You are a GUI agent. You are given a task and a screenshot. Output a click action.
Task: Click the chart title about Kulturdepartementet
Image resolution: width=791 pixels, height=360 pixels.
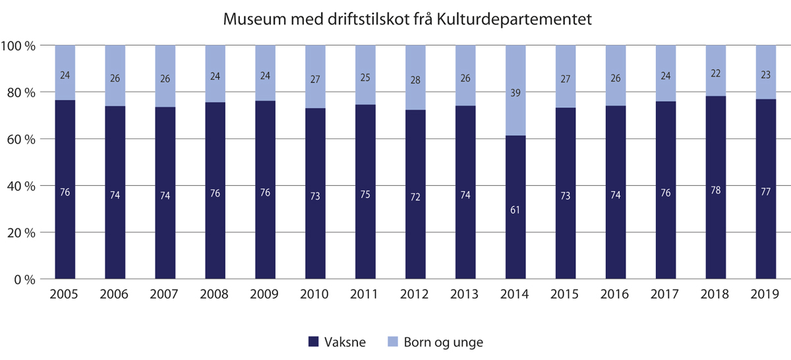point(408,19)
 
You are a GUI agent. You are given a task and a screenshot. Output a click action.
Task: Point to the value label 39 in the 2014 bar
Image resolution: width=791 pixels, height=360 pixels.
point(515,94)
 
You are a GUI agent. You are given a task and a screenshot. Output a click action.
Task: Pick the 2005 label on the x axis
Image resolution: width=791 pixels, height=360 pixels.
point(65,294)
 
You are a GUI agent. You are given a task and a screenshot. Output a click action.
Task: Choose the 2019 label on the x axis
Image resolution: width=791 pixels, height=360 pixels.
point(765,294)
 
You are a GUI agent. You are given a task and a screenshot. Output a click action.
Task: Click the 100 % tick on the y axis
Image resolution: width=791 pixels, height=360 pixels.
point(22,45)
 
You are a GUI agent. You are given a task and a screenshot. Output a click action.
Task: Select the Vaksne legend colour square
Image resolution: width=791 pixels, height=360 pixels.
point(314,342)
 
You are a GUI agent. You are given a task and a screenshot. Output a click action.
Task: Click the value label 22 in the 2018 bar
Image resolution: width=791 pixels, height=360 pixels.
point(715,71)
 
